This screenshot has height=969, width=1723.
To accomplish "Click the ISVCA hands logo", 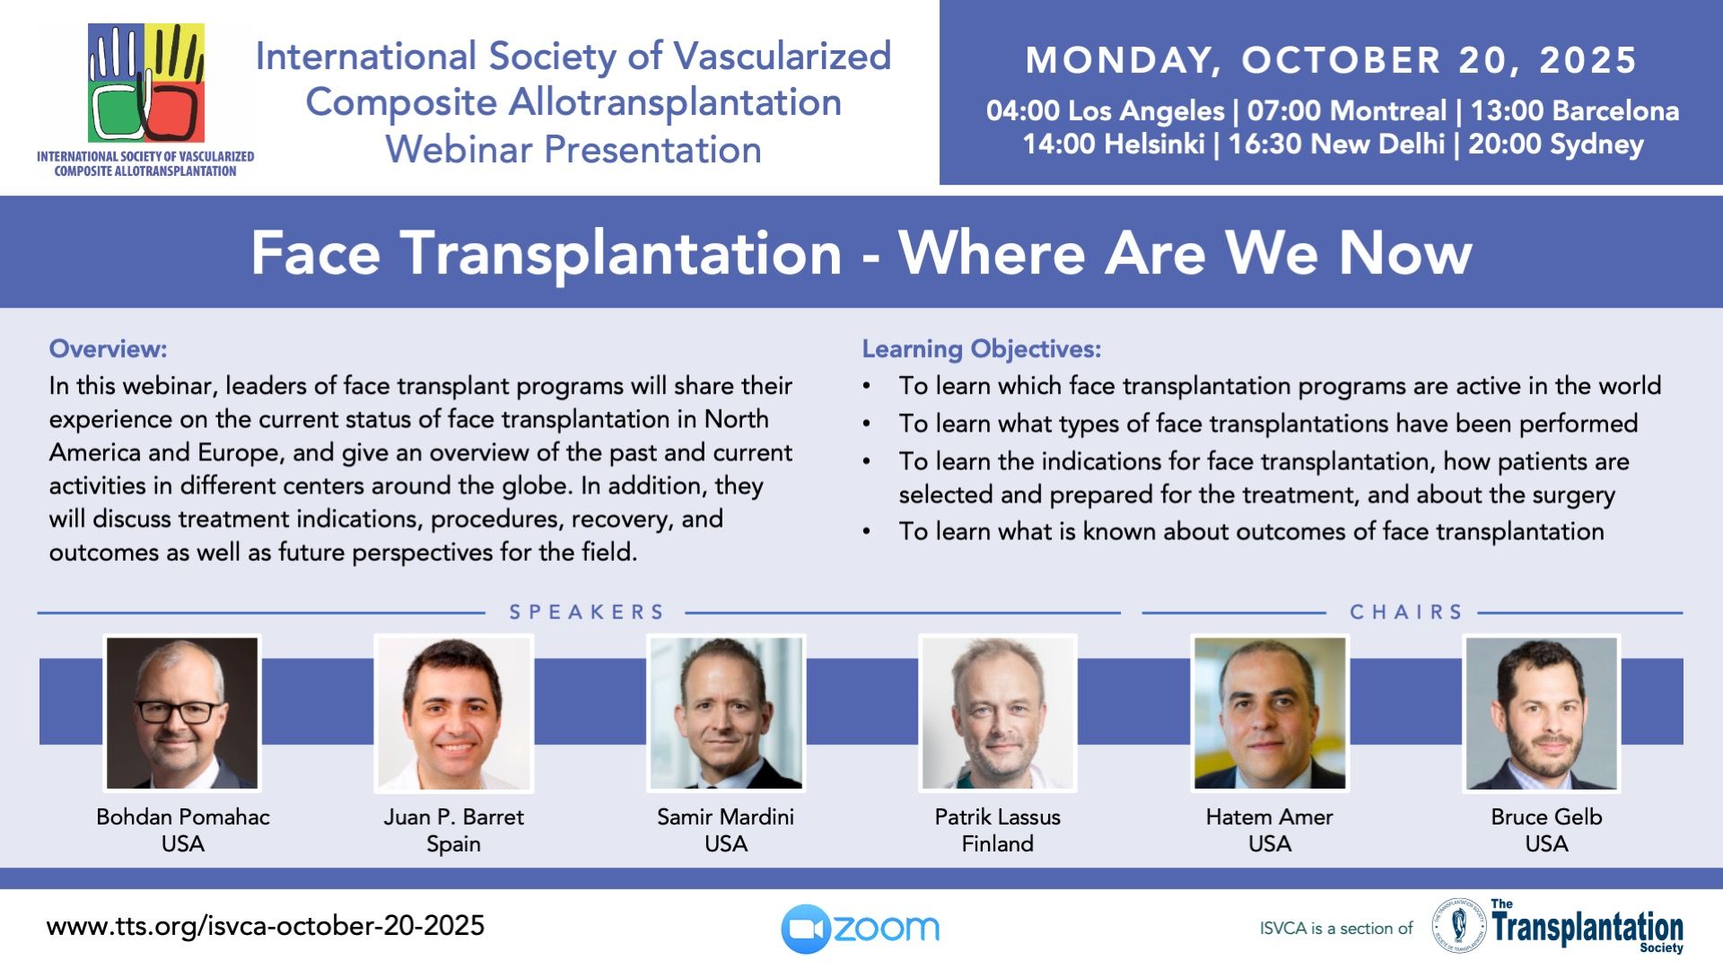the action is pyautogui.click(x=146, y=83).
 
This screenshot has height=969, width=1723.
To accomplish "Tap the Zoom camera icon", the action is pyautogui.click(x=805, y=929).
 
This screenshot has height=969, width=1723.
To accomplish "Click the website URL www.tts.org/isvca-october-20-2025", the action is pyautogui.click(x=266, y=926).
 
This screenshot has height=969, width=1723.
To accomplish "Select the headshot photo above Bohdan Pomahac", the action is pyautogui.click(x=182, y=713).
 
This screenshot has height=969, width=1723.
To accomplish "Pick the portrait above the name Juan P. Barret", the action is pyautogui.click(x=454, y=713).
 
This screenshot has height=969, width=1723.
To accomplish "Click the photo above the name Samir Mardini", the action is pyautogui.click(x=726, y=713).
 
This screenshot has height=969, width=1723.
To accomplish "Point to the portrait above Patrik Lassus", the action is pyautogui.click(x=998, y=713).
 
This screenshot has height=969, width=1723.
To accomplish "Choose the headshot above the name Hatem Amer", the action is pyautogui.click(x=1270, y=713).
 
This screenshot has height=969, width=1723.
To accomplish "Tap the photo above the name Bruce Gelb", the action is pyautogui.click(x=1542, y=713).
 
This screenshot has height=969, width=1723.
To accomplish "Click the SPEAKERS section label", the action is pyautogui.click(x=587, y=612).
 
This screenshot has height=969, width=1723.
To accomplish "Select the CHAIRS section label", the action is pyautogui.click(x=1406, y=612).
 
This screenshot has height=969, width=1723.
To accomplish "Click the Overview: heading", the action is pyautogui.click(x=108, y=348).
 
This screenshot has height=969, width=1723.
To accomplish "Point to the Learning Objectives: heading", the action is pyautogui.click(x=982, y=349).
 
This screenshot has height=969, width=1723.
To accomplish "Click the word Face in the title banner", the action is pyautogui.click(x=316, y=253).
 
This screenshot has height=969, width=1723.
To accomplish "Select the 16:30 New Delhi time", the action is pyautogui.click(x=1336, y=144).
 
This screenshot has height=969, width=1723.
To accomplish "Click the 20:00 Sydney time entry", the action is pyautogui.click(x=1556, y=144).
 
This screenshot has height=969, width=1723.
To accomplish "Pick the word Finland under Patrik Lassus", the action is pyautogui.click(x=998, y=843).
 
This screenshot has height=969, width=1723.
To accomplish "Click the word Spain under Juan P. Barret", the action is pyautogui.click(x=454, y=844).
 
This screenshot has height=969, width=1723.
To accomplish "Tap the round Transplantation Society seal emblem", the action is pyautogui.click(x=1459, y=925).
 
